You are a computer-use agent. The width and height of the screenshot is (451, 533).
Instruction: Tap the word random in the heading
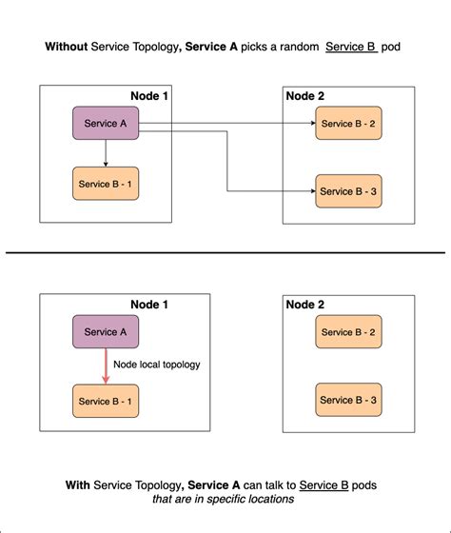click(x=295, y=46)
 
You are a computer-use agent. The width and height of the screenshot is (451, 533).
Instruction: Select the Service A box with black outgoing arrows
click(x=106, y=124)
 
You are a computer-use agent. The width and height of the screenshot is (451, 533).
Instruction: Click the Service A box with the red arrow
click(x=106, y=331)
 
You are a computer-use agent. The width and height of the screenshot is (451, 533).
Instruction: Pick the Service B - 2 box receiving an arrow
click(x=348, y=124)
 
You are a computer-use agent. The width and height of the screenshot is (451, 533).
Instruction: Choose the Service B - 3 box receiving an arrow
click(x=348, y=191)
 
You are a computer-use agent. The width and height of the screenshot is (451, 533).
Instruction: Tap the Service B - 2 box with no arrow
click(x=348, y=331)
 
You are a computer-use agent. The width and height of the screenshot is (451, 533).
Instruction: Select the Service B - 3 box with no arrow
click(x=348, y=400)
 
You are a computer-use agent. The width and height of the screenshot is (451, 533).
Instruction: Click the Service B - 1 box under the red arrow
click(x=106, y=400)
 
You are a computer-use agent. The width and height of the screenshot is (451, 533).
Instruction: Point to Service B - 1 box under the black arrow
click(x=106, y=184)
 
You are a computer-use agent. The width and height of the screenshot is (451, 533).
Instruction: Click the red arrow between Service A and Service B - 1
click(x=106, y=365)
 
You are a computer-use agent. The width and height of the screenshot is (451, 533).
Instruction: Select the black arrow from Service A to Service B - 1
click(x=106, y=153)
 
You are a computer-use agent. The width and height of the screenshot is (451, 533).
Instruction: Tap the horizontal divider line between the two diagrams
click(x=225, y=252)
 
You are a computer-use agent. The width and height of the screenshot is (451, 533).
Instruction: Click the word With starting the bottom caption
click(x=78, y=484)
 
